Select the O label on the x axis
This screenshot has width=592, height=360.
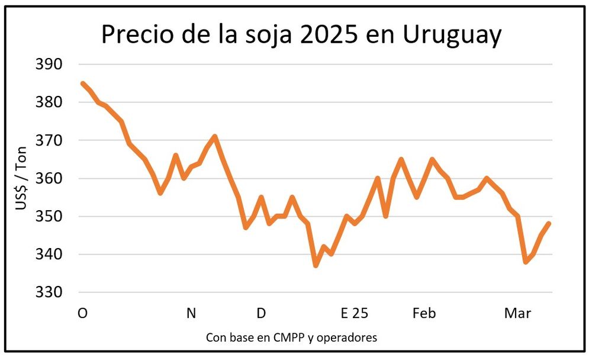click(82, 313)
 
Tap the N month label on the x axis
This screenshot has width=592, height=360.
click(191, 313)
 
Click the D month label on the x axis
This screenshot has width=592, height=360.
click(261, 313)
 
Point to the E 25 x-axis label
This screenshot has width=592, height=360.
click(354, 313)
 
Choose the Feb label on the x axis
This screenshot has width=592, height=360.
click(424, 313)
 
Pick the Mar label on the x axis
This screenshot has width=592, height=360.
click(517, 313)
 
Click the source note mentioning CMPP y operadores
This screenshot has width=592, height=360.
click(291, 337)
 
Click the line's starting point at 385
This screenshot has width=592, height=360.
click(82, 83)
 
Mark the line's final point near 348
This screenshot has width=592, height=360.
click(549, 223)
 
